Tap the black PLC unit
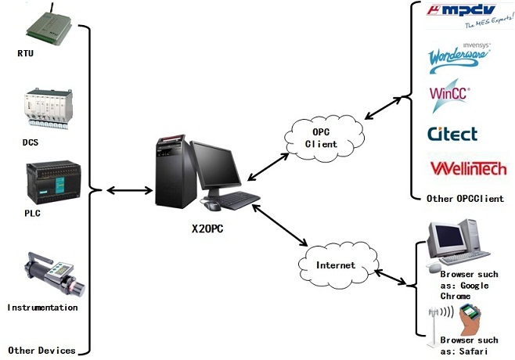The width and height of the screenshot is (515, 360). pyautogui.click(x=48, y=182)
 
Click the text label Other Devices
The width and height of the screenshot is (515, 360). pyautogui.click(x=41, y=350)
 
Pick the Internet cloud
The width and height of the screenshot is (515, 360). pyautogui.click(x=335, y=265)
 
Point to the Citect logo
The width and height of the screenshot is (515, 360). pyautogui.click(x=452, y=133)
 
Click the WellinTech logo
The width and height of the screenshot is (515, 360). pyautogui.click(x=468, y=167)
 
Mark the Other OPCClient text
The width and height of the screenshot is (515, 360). pyautogui.click(x=465, y=198)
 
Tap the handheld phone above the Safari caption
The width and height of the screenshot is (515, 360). pyautogui.click(x=470, y=315)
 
